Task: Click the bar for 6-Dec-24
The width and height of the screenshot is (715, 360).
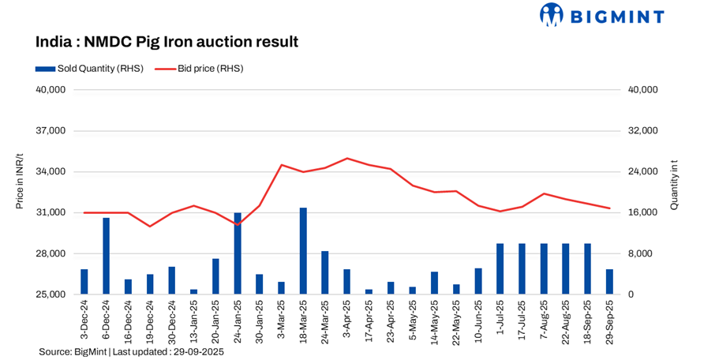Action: (x=106, y=256)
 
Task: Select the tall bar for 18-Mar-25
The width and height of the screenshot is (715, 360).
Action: (x=303, y=251)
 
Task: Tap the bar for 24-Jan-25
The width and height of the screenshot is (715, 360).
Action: (x=238, y=253)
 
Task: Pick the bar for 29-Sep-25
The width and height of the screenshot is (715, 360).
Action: (x=609, y=282)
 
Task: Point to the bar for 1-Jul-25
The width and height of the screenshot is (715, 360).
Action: (x=500, y=269)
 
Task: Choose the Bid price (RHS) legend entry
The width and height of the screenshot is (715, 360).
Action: (x=199, y=69)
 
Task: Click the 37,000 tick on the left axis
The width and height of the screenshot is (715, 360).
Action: (x=51, y=131)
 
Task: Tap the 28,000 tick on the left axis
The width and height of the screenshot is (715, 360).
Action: (x=51, y=254)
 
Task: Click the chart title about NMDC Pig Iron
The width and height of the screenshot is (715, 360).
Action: (x=167, y=41)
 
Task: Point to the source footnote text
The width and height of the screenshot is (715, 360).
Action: (x=131, y=352)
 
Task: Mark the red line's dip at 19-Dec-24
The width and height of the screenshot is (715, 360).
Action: (x=150, y=227)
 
